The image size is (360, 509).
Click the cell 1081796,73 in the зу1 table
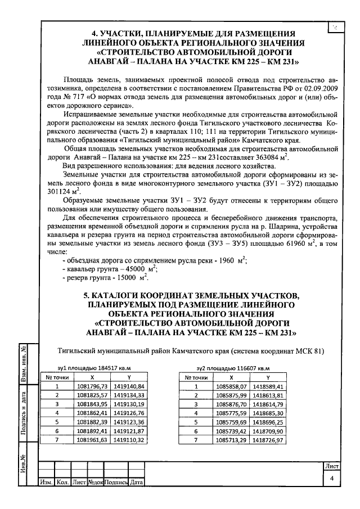(92, 386)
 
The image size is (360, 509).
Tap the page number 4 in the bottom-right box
(331, 478)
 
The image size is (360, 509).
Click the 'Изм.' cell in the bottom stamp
(45, 483)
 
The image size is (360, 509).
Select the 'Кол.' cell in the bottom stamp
(62, 483)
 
